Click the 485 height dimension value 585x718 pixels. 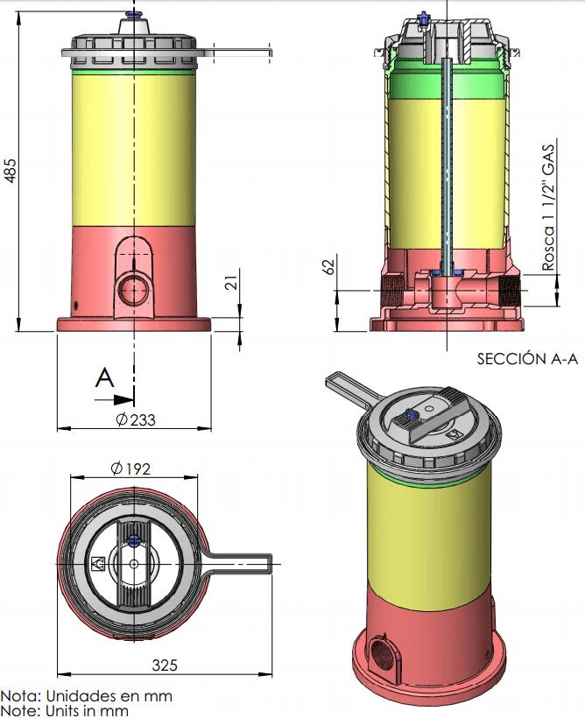[x=11, y=171]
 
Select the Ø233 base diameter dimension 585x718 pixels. [x=136, y=419]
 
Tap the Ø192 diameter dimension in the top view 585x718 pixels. [x=130, y=468]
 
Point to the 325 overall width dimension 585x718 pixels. [x=165, y=665]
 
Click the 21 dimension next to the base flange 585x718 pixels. [x=233, y=282]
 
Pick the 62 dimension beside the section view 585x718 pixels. [x=328, y=265]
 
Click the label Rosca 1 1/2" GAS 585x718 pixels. [x=548, y=208]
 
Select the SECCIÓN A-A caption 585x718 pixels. [x=527, y=358]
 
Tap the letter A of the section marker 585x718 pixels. [x=104, y=377]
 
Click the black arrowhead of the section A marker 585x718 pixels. [x=123, y=400]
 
